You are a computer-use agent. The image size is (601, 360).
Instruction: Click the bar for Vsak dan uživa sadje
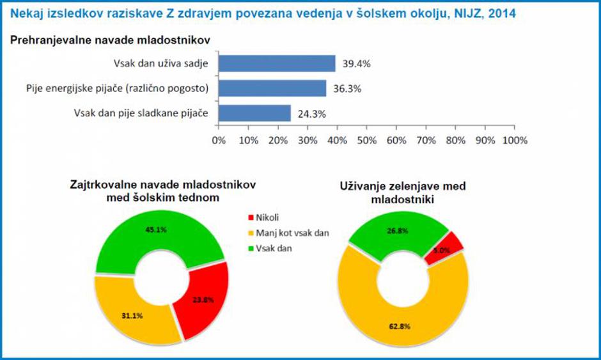click(277, 63)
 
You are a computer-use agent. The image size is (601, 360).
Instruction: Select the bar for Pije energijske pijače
click(272, 88)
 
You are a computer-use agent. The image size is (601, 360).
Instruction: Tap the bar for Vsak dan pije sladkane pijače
click(254, 113)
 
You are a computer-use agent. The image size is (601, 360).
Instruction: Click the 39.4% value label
click(357, 64)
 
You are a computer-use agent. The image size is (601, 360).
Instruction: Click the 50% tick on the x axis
click(366, 139)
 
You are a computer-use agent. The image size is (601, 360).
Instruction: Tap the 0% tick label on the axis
click(219, 139)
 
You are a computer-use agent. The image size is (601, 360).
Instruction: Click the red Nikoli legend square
click(250, 218)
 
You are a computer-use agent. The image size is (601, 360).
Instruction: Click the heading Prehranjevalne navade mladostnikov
click(111, 40)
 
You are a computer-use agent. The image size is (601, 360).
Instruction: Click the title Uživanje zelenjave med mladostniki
click(402, 192)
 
